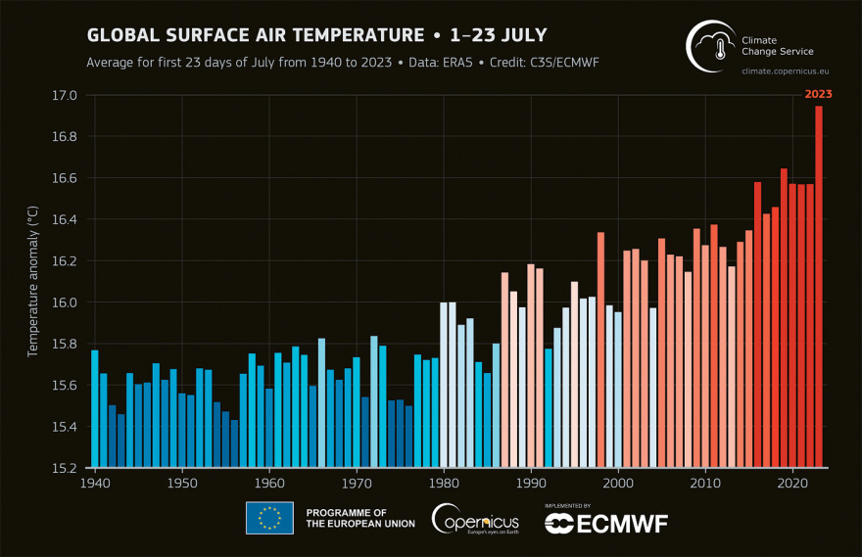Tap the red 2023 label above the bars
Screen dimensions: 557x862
819,94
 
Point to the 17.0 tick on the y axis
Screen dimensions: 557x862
65,96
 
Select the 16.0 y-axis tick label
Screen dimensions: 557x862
65,302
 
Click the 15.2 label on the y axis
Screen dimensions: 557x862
65,467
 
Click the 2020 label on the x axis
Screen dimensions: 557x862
792,483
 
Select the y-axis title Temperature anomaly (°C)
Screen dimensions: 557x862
32,281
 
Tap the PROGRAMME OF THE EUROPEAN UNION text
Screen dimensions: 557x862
359,518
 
